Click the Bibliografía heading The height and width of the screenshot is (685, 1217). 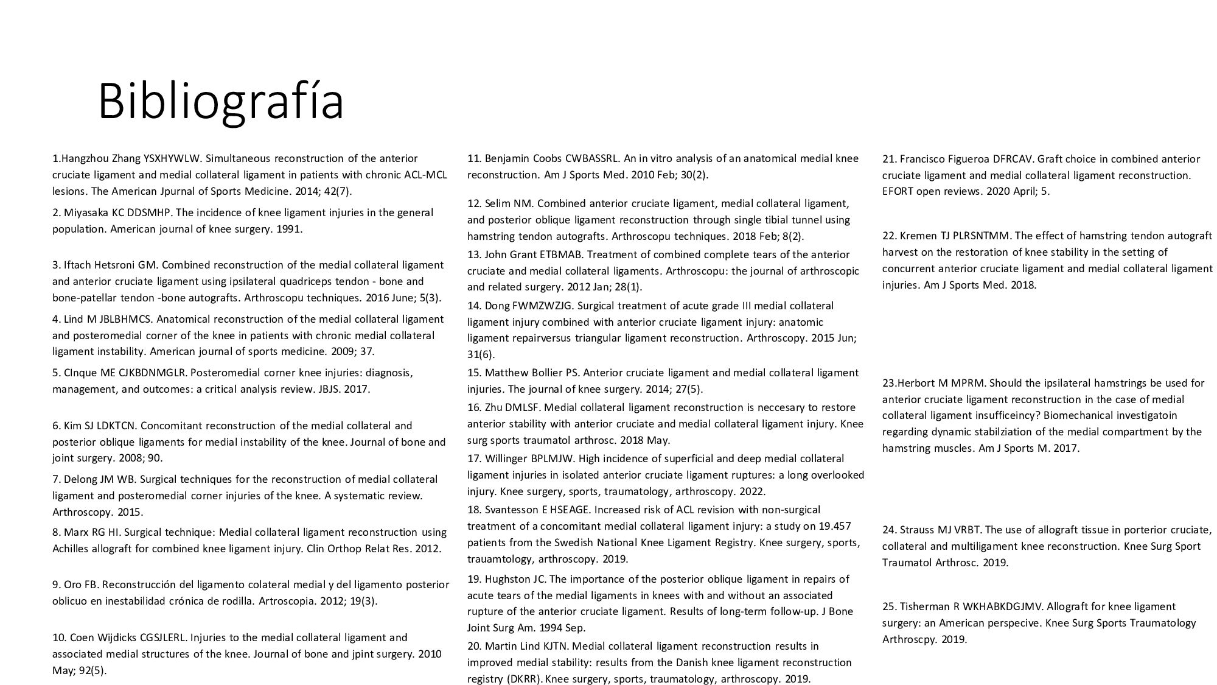coord(221,102)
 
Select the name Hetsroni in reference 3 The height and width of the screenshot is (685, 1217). coord(116,265)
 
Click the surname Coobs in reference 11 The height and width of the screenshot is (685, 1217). coord(548,159)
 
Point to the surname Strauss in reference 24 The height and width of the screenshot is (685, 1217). coord(918,530)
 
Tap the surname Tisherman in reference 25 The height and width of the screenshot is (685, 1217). coord(925,606)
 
